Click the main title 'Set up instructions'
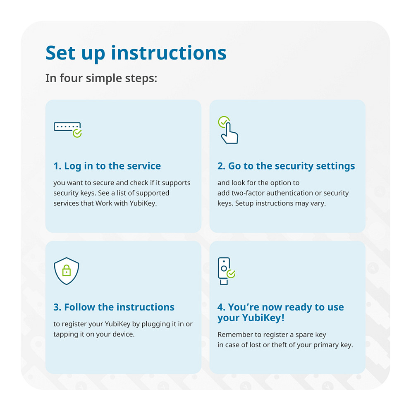(136, 53)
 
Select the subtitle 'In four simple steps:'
(101, 79)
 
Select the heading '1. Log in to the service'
(107, 166)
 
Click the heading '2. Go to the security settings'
(286, 166)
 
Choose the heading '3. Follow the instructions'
(114, 307)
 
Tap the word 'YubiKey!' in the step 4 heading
(263, 318)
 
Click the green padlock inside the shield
(67, 270)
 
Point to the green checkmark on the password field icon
(77, 133)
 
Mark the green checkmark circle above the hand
(223, 122)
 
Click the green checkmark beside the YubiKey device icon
(231, 274)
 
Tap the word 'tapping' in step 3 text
(65, 335)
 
